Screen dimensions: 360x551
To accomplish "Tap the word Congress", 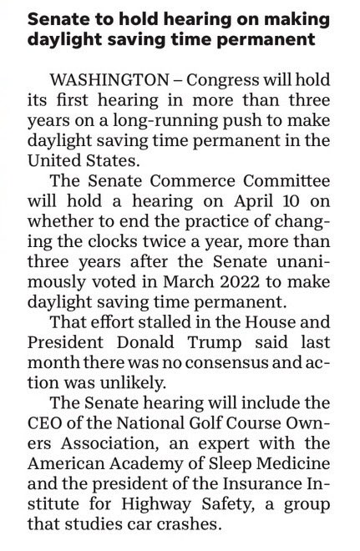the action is pyautogui.click(x=221, y=79).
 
